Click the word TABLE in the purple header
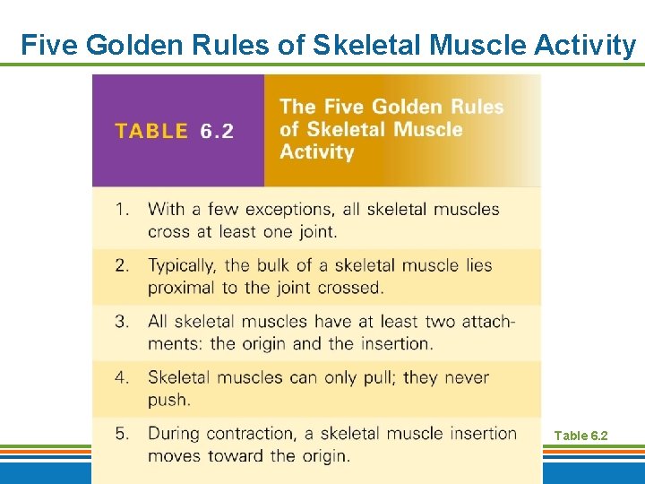[x=151, y=131]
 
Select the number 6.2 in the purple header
[x=217, y=131]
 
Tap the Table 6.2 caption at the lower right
[x=580, y=436]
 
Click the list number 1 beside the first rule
[x=120, y=210]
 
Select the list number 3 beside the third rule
[x=121, y=322]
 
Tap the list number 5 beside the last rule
[x=121, y=434]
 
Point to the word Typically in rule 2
[x=185, y=265]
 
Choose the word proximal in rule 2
[x=184, y=288]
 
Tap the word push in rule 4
[x=168, y=400]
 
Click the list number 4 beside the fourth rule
[x=121, y=377]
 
